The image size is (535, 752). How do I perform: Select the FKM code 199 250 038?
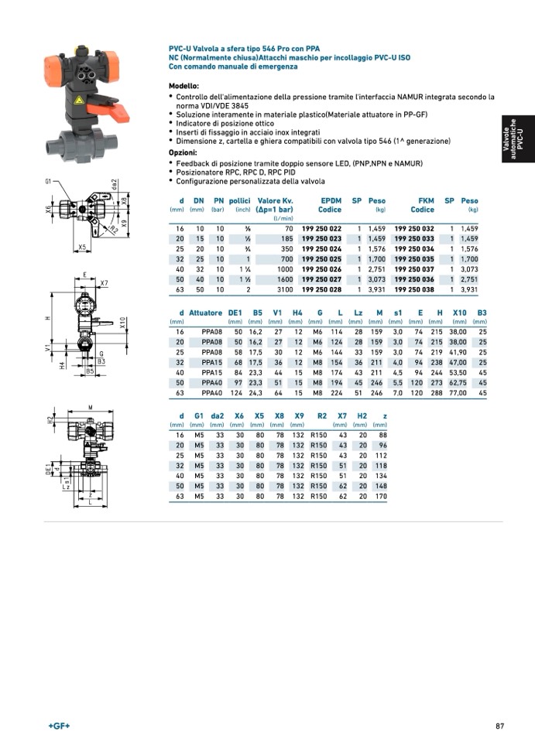(414, 289)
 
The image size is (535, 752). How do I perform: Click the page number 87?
(500, 726)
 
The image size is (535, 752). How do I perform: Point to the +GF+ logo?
(59, 726)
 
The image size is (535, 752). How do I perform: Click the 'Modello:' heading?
(184, 85)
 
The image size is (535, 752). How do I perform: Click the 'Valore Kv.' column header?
(275, 200)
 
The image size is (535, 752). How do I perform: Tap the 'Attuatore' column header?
(206, 313)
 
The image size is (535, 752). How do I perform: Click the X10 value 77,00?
(458, 393)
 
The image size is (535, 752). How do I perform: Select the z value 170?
(380, 496)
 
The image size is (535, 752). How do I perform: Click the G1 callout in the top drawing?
(48, 182)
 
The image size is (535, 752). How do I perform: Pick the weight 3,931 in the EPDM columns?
(377, 289)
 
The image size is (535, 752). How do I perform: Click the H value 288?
(437, 393)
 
